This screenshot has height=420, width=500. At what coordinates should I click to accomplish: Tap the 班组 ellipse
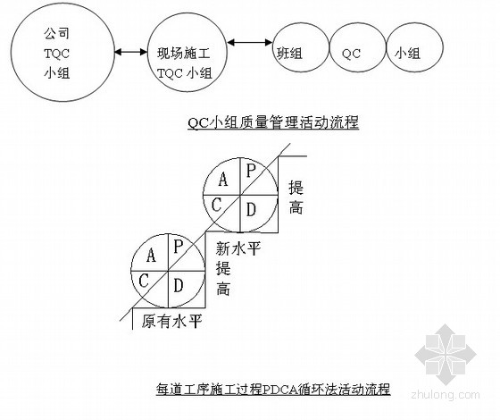coord(273,47)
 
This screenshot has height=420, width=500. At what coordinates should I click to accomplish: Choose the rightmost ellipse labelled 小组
coord(443,47)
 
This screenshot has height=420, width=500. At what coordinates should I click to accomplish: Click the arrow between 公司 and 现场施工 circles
coord(130,51)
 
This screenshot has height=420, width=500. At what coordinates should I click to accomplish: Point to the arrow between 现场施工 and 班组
coord(250,42)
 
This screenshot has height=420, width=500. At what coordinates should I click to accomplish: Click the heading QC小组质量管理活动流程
coord(273,122)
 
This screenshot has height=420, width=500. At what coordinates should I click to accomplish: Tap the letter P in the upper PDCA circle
coord(251,170)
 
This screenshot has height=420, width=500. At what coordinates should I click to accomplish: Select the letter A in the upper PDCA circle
coord(223,179)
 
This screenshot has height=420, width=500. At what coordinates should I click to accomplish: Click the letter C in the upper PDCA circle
coord(216,205)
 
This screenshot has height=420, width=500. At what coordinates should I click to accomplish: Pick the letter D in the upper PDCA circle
coord(251,210)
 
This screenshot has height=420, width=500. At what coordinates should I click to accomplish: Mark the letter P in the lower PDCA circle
coord(179,246)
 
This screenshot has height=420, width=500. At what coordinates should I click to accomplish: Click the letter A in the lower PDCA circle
coord(151,255)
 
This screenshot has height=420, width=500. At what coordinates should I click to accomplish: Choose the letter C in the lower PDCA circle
coord(144,281)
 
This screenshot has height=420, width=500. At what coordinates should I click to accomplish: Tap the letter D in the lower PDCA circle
coord(179,285)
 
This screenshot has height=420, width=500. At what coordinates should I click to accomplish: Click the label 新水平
coord(238,248)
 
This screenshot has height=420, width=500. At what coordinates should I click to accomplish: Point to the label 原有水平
coord(171,321)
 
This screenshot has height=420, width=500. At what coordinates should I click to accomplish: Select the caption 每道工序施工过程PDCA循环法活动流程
coord(273,389)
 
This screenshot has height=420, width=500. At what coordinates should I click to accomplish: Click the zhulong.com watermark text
coord(446,395)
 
